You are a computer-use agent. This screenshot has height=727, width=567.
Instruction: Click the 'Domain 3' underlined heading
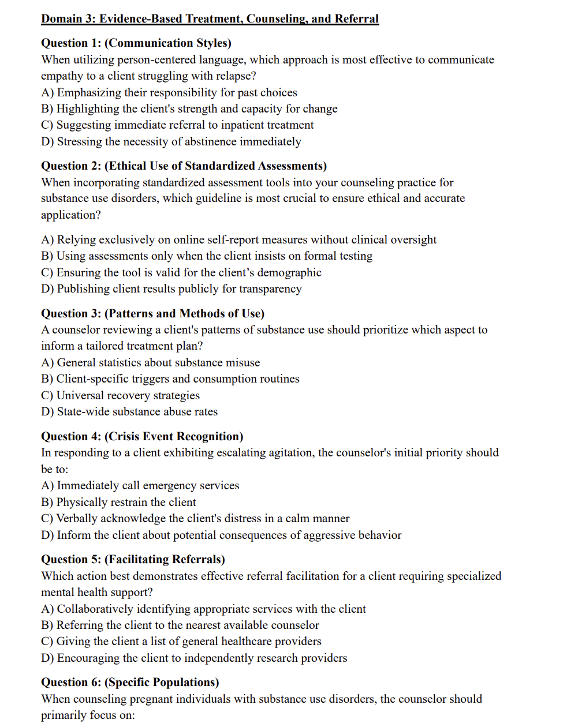click(210, 18)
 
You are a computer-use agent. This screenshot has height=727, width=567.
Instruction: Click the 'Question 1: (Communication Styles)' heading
click(136, 43)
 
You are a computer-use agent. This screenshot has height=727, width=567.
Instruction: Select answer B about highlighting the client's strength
click(189, 109)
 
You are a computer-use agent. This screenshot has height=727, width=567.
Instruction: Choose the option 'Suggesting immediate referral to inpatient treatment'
click(177, 125)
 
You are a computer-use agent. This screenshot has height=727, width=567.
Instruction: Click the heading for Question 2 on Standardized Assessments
click(184, 166)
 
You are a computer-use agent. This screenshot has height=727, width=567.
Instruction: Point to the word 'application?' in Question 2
click(70, 215)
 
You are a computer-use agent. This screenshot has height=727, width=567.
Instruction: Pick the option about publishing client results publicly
click(171, 289)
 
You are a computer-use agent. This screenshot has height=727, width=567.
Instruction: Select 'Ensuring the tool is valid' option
click(181, 273)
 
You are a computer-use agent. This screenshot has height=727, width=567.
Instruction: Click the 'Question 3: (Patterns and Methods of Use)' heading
click(152, 314)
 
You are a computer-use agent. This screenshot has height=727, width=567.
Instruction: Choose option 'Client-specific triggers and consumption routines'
click(170, 379)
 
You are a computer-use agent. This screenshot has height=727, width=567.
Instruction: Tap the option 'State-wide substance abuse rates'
click(129, 412)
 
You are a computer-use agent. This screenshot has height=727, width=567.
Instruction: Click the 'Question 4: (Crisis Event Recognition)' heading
click(142, 437)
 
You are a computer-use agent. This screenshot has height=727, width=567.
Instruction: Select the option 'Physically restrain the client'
click(118, 503)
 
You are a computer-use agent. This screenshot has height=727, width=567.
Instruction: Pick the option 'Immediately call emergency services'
click(140, 486)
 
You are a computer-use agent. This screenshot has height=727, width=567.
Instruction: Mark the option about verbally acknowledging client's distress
click(195, 519)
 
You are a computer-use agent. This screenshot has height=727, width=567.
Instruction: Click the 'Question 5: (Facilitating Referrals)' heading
click(133, 560)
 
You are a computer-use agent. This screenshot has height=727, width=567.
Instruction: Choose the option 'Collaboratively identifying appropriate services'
click(203, 609)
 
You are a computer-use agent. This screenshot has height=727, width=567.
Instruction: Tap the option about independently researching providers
click(194, 658)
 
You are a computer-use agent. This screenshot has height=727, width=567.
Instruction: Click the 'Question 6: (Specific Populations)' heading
click(130, 683)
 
